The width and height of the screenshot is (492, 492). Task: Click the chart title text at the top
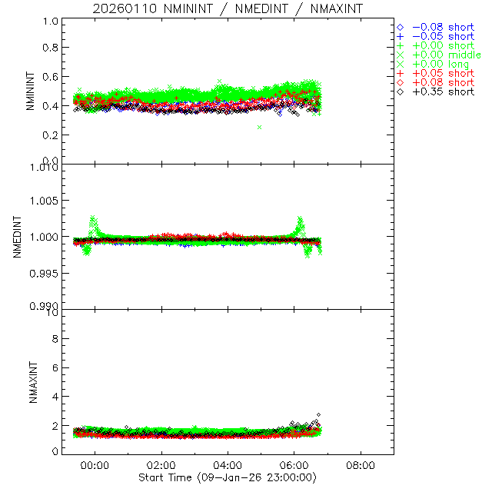pyautogui.click(x=227, y=9)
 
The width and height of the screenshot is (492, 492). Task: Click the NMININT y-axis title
pyautogui.click(x=30, y=91)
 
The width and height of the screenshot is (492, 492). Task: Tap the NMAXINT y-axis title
pyautogui.click(x=30, y=381)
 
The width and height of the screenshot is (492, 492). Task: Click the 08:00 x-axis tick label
pyautogui.click(x=361, y=465)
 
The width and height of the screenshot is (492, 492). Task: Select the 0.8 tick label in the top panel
pyautogui.click(x=51, y=48)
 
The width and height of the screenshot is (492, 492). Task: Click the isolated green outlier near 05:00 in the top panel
pyautogui.click(x=260, y=127)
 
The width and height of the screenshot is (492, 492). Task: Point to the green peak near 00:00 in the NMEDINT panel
pyautogui.click(x=93, y=218)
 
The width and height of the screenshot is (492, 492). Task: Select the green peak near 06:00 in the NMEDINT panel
pyautogui.click(x=300, y=220)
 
